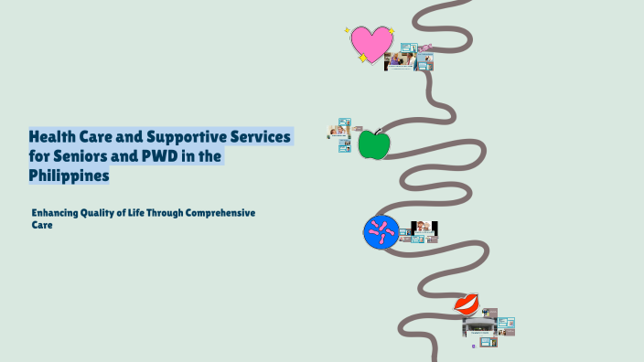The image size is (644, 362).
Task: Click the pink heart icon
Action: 370,42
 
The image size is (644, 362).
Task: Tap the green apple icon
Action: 373,144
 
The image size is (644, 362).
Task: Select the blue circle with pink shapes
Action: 381,232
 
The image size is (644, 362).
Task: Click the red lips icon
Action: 467,303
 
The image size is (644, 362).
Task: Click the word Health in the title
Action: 51,137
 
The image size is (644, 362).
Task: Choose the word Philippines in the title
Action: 70,176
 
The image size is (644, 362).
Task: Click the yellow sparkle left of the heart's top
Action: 349,30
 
